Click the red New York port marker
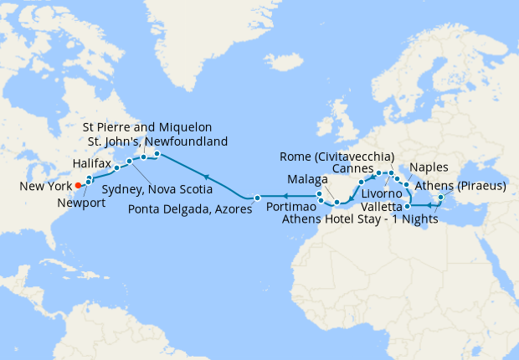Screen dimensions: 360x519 78,185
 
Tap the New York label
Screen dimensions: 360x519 42,186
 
